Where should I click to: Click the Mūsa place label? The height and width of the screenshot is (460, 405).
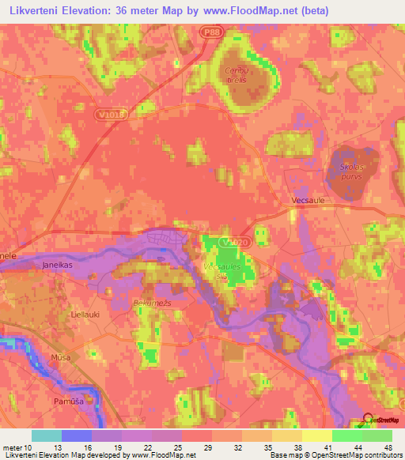coord(55,358)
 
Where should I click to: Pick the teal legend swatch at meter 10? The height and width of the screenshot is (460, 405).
coord(47,435)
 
